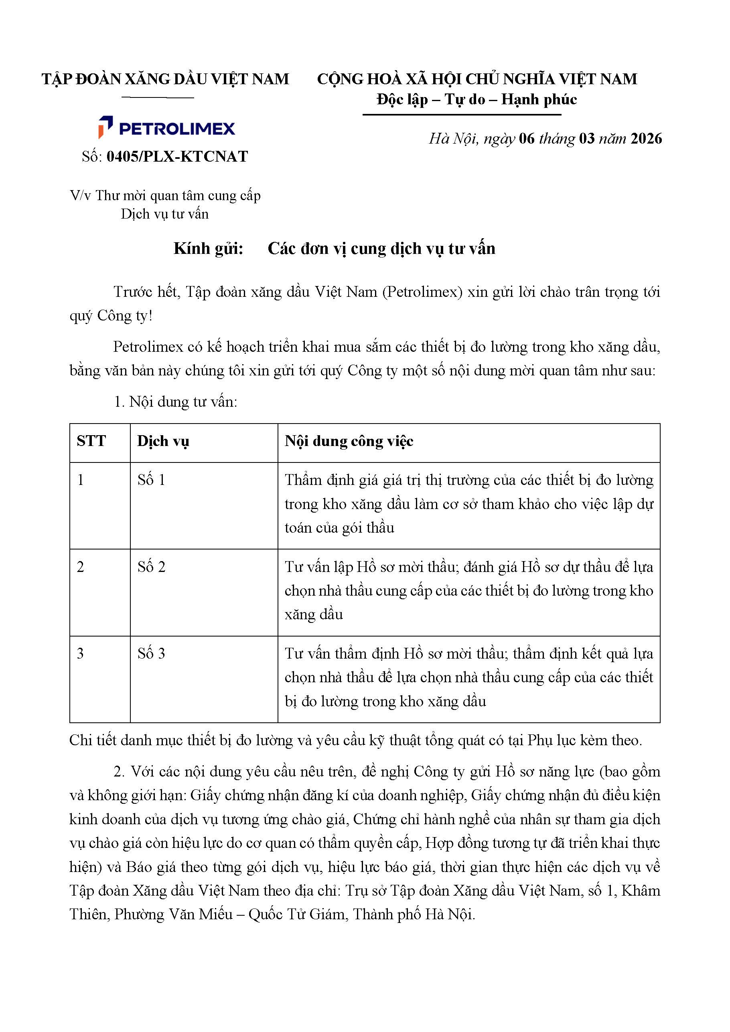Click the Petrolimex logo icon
105,127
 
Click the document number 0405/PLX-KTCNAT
177,156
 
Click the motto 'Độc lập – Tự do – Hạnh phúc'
477,99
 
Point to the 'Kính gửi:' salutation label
208,249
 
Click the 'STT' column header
91,441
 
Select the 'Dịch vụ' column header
163,441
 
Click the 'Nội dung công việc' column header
349,441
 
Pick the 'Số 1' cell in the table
152,480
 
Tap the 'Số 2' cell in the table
152,567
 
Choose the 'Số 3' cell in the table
152,653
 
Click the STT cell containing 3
81,653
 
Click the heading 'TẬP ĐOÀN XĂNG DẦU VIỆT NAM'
165,79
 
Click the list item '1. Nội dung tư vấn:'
175,402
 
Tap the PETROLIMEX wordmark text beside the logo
176,129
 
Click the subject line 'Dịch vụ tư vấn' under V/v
164,214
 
